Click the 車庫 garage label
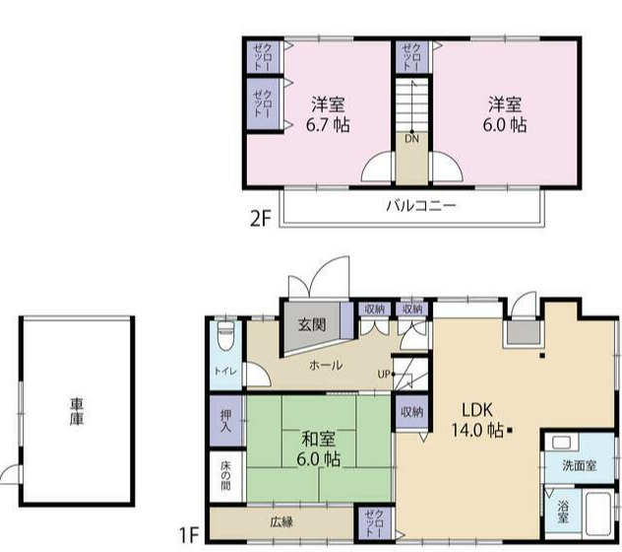pyautogui.click(x=77, y=412)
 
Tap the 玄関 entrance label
pyautogui.click(x=313, y=324)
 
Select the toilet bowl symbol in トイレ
pyautogui.click(x=226, y=336)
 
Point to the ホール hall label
pyautogui.click(x=326, y=365)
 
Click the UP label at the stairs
pyautogui.click(x=384, y=375)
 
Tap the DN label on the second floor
pyautogui.click(x=411, y=139)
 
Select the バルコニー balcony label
pyautogui.click(x=421, y=206)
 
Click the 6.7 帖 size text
pyautogui.click(x=328, y=125)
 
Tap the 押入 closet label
pyautogui.click(x=226, y=421)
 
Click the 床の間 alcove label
pyautogui.click(x=225, y=476)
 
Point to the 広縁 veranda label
pyautogui.click(x=282, y=521)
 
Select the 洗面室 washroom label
pyautogui.click(x=579, y=465)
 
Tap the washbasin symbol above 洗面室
pyautogui.click(x=560, y=443)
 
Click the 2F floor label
pyautogui.click(x=260, y=219)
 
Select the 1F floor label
pyautogui.click(x=189, y=535)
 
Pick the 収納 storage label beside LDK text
pyautogui.click(x=412, y=412)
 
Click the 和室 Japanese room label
pyautogui.click(x=318, y=440)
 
